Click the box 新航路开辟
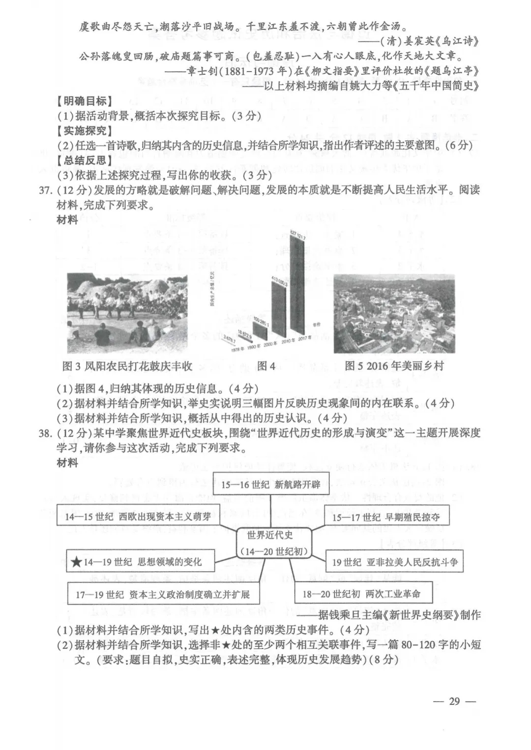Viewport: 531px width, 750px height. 270,484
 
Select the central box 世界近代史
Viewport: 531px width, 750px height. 270,542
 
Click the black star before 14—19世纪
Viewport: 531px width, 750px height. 76,562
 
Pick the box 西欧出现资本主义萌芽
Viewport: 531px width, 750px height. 138,517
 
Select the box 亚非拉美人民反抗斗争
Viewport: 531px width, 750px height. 394,562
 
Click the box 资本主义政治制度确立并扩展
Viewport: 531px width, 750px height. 162,594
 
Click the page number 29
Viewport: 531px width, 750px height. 454,701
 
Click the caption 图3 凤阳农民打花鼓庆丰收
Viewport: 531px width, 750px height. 127,366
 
